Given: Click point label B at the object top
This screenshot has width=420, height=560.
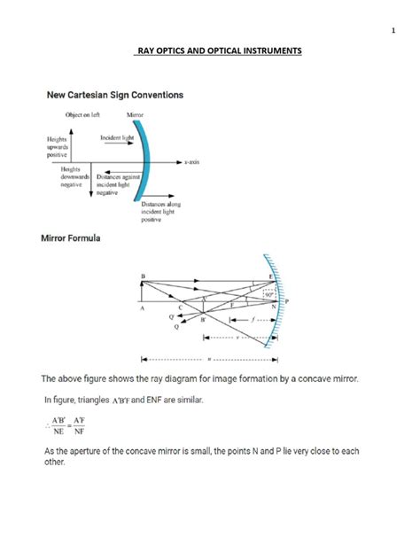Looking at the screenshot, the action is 142,276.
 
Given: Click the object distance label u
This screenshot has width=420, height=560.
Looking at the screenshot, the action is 209,359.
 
